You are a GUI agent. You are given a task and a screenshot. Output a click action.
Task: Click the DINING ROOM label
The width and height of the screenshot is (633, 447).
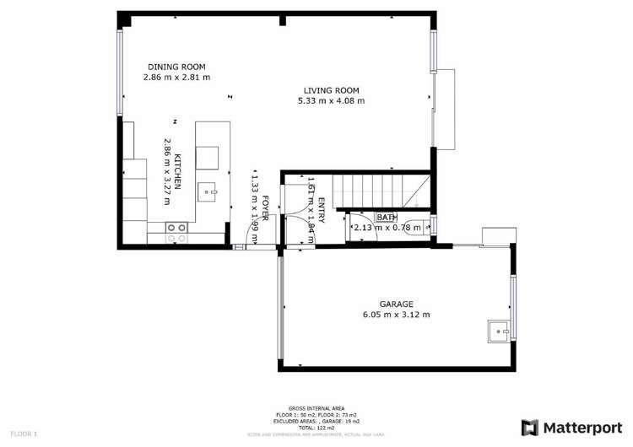pyautogui.click(x=176, y=67)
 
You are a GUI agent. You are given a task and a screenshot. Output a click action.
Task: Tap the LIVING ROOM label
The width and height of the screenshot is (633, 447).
pyautogui.click(x=332, y=91)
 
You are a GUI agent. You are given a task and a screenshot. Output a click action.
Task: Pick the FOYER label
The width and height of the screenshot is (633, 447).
pyautogui.click(x=265, y=207)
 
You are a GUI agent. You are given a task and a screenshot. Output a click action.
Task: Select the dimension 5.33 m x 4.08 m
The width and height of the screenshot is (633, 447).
pyautogui.click(x=331, y=101)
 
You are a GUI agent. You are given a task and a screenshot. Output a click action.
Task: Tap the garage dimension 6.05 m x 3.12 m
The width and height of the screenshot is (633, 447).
pyautogui.click(x=390, y=315)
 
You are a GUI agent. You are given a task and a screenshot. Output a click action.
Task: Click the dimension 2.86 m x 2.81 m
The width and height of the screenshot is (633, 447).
pyautogui.click(x=176, y=78)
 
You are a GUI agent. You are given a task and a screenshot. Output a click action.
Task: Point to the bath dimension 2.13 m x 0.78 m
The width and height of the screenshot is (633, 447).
pyautogui.click(x=387, y=228)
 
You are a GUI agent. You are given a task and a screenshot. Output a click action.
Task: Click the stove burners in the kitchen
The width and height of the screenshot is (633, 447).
pyautogui.click(x=176, y=233)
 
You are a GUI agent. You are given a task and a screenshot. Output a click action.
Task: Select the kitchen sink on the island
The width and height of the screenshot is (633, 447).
pyautogui.click(x=208, y=193)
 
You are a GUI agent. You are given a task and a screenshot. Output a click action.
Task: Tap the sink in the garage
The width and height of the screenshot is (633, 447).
pyautogui.click(x=500, y=331)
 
